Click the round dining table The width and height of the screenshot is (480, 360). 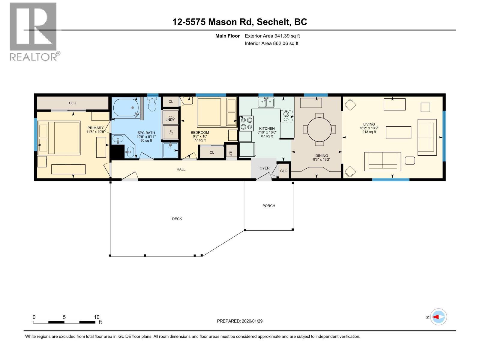click(319, 129)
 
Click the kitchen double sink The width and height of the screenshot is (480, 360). click(266, 103)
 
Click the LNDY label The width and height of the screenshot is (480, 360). click(170, 119)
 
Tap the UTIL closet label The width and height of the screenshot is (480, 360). click(231, 152)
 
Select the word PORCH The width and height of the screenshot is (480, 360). click(268, 206)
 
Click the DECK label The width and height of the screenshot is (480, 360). click(177, 219)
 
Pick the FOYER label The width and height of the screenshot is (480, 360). click(263, 168)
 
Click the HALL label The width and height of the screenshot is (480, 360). click(181, 169)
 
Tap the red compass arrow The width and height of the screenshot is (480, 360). click(437, 317)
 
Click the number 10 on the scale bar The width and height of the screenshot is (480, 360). click(96, 317)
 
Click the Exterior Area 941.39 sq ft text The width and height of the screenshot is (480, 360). click(272, 36)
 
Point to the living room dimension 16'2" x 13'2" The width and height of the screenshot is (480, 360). click(369, 128)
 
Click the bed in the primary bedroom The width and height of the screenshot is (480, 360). click(59, 138)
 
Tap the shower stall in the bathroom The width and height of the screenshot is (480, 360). click(170, 150)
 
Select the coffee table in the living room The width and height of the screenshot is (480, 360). click(398, 133)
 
